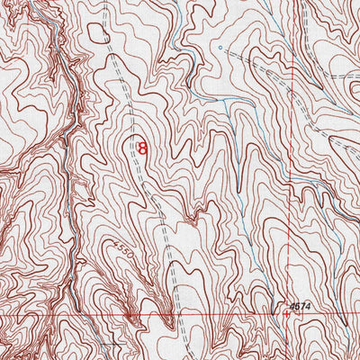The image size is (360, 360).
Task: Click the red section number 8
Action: coord(141,147)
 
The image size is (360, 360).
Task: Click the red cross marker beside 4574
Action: coord(286,314)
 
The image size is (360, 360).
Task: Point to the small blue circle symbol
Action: coord(219,44)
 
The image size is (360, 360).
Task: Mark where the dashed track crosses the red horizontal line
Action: coord(178,317)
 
